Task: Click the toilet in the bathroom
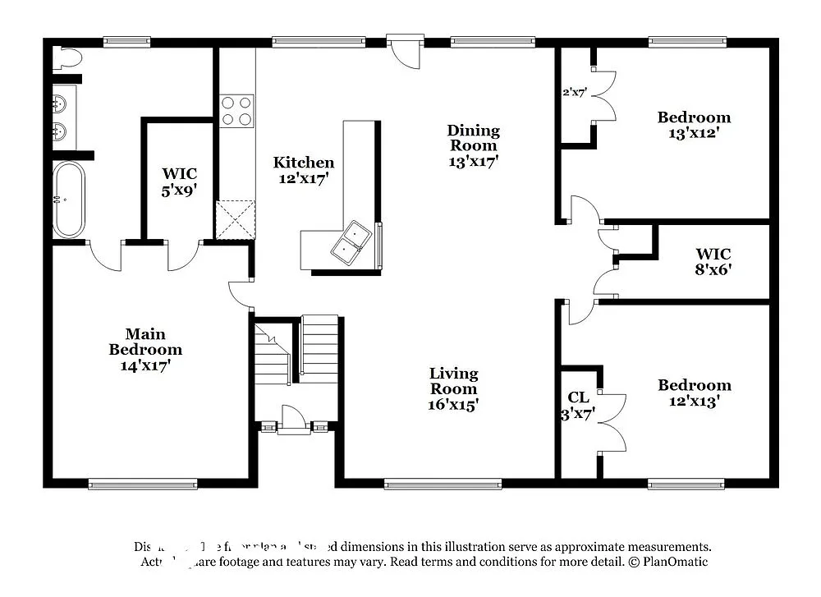[x=67, y=58]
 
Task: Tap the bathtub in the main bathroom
[x=68, y=199]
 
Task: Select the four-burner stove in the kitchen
[x=236, y=111]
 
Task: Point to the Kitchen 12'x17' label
[x=303, y=170]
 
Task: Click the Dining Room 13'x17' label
[x=473, y=145]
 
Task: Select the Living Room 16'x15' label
[x=453, y=388]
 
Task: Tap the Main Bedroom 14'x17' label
[x=145, y=349]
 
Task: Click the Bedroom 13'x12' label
[x=694, y=125]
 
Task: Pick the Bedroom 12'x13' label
[x=694, y=393]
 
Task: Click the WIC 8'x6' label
[x=713, y=261]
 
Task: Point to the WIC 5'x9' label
[x=179, y=181]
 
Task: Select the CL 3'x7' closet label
[x=578, y=406]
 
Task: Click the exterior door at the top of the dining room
[x=405, y=50]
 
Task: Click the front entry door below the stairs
[x=293, y=419]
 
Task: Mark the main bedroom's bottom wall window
[x=142, y=484]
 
